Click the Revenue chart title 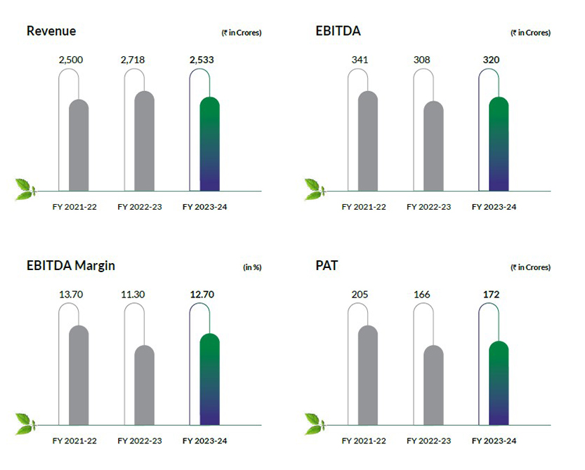[51, 32]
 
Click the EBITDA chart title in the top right [336, 32]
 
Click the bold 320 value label [491, 60]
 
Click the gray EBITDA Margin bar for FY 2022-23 [144, 385]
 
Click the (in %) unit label [251, 267]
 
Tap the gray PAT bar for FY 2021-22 [367, 375]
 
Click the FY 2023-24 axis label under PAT [494, 441]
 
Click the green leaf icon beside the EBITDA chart [313, 187]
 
